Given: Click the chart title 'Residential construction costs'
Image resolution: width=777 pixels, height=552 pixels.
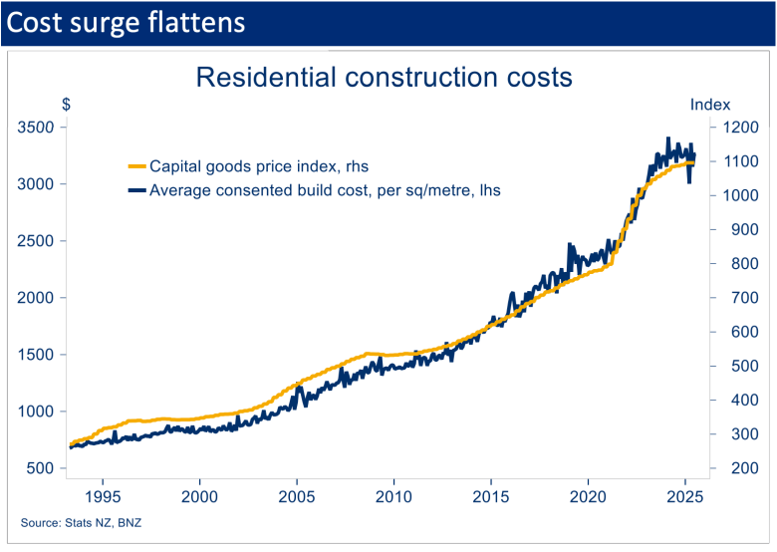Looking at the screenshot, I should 384,78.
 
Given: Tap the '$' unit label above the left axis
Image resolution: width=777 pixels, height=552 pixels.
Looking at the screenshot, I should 66,105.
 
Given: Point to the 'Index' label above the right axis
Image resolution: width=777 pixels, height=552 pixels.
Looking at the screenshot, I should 710,105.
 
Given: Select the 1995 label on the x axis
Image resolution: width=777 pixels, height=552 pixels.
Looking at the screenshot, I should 104,495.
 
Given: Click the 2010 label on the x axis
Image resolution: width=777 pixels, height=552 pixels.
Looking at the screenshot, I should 394,495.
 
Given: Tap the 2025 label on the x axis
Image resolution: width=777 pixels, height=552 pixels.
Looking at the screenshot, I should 685,495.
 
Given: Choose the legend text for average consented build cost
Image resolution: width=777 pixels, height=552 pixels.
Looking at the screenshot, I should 325,189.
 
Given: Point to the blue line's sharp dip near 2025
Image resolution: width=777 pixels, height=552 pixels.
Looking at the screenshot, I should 690,181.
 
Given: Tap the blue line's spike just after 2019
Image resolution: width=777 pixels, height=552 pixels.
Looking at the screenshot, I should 571,244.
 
